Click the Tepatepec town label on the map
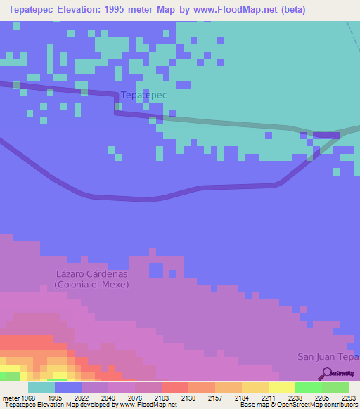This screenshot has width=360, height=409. pos(143,95)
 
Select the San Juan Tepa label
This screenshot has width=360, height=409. pos(328,356)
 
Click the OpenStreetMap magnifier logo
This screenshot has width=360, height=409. pos(326,374)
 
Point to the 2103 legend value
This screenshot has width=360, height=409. pos(161,398)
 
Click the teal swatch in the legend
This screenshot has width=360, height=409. pos(41,387)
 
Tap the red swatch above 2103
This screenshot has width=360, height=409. pos(174,387)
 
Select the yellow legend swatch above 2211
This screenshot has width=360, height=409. pos(255,387)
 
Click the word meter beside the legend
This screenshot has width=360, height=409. pos(9,398)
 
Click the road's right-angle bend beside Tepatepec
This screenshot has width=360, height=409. pos(116,111)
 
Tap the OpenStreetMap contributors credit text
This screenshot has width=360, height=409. pos(323,405)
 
